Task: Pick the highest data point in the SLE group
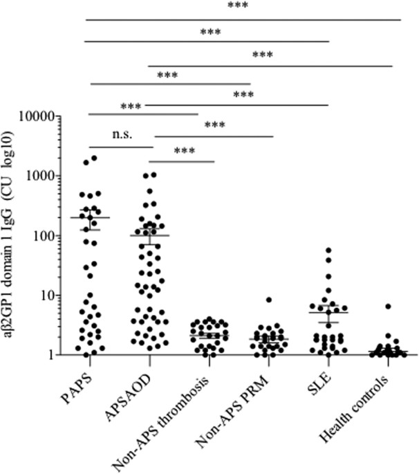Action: point(328,250)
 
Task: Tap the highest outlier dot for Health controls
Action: point(389,306)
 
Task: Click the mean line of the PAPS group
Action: point(90,217)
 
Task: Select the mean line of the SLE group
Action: point(328,312)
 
